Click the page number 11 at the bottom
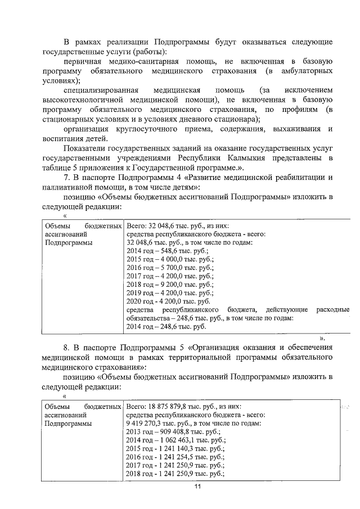click(197, 487)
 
